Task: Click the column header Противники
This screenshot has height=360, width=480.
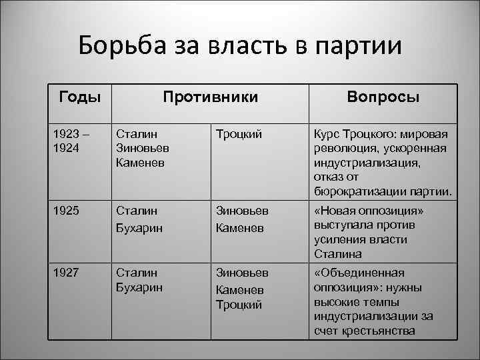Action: point(211,97)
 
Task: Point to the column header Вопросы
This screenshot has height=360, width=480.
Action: point(383,97)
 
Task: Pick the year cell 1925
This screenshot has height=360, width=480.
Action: point(65,211)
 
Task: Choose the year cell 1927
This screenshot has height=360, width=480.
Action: point(65,273)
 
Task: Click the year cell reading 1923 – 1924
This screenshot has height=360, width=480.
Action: point(69,140)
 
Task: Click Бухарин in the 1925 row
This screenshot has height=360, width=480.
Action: point(139,228)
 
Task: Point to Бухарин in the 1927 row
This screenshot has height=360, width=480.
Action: point(139,287)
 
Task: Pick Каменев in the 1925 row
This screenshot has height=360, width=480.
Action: point(238,228)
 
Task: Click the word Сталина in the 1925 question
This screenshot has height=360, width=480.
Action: point(338,254)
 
